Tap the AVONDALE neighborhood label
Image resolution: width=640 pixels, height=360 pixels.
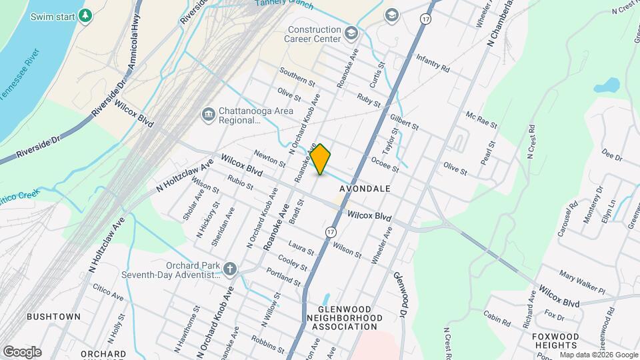click(x=365, y=189)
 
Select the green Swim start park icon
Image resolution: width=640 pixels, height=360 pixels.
click(x=85, y=15)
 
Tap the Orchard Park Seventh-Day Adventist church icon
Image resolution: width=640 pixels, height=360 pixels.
click(x=230, y=269)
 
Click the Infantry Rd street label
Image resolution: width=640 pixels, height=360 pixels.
click(x=433, y=64)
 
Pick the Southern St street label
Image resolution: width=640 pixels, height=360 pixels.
click(x=297, y=77)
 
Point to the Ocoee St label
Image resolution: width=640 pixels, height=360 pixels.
click(x=385, y=164)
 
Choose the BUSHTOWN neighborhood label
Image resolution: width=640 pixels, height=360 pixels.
click(x=53, y=316)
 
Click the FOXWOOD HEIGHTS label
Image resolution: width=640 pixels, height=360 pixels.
click(x=555, y=341)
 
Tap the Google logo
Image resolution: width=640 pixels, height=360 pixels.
click(x=22, y=351)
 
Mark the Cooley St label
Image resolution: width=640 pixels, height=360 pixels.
click(x=294, y=263)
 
